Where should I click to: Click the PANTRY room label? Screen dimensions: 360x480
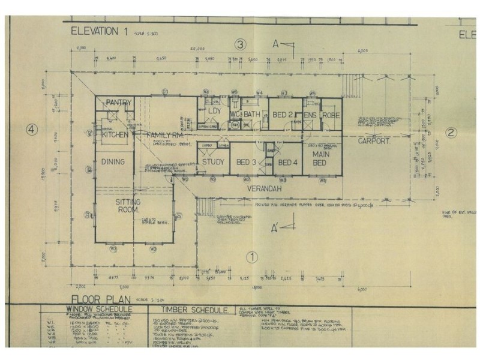point(118,103)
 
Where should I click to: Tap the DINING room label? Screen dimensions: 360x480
point(113,161)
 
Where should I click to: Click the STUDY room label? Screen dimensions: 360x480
point(213,162)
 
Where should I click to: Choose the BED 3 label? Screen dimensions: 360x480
point(247,162)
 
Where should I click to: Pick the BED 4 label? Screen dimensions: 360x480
point(288,162)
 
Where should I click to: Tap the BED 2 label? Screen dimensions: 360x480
point(282,114)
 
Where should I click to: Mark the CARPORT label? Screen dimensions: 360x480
point(374,142)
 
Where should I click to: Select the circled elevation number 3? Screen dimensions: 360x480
point(241,44)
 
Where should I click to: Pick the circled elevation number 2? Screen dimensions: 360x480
point(452,133)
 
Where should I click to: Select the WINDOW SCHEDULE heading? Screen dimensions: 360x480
point(98,309)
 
